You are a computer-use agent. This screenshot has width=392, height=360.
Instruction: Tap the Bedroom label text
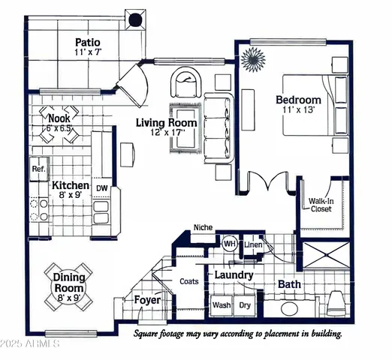tap(298, 100)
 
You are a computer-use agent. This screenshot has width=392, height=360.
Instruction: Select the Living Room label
tap(167, 122)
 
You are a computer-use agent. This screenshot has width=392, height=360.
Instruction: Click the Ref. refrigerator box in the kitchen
tap(38, 169)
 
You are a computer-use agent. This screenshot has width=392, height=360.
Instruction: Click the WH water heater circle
tap(229, 243)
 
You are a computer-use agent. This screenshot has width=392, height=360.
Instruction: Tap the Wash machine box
tap(221, 305)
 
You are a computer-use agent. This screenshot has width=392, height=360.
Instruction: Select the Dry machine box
tap(245, 305)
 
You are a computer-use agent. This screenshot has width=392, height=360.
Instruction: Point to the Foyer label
tap(147, 301)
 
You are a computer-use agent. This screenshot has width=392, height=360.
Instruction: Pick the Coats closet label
tap(188, 282)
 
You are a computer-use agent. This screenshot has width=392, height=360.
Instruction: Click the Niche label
tap(203, 227)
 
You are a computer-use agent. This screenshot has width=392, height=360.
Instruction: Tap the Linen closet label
tap(253, 244)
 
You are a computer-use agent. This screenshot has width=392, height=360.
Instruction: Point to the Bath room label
tap(289, 284)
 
